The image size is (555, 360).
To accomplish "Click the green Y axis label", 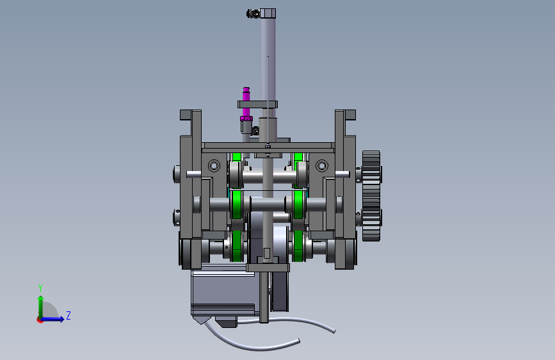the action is pos(40,288).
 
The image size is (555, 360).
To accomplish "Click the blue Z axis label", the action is pos(68,315).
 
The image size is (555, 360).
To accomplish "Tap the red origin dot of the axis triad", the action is pos(40,320).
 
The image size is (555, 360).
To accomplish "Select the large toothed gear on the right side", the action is pos(371,196).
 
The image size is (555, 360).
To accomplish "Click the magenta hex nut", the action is pos(246,119).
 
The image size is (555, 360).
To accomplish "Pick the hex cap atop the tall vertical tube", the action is pos(268,13).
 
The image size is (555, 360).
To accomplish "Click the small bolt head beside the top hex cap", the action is pos(253,14).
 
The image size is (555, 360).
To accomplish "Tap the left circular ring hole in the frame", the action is pos(214,165).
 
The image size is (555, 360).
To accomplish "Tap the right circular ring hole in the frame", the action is pos(322,165).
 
